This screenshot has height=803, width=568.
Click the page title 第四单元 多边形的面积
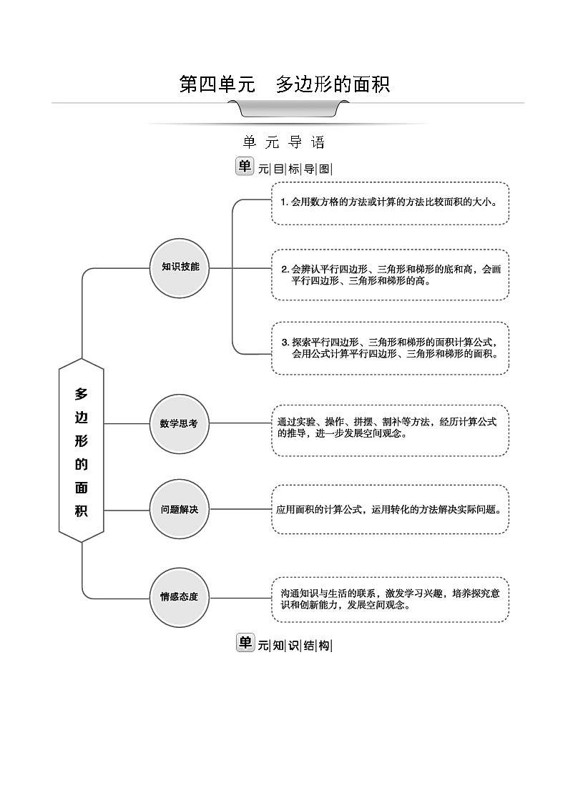click(284, 84)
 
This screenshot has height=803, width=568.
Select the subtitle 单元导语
click(284, 142)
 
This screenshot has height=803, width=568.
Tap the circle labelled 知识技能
click(180, 267)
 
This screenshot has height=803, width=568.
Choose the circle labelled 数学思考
click(180, 423)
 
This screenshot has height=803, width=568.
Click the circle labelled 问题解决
click(180, 509)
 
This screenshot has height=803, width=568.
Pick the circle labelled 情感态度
click(180, 596)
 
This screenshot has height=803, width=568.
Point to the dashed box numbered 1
click(390, 202)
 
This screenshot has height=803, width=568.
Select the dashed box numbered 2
click(390, 275)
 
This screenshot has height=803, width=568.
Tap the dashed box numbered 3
click(390, 348)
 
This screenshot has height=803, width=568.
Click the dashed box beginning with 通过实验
click(390, 430)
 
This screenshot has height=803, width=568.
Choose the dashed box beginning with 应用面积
click(390, 509)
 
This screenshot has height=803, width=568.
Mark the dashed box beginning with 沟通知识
click(390, 598)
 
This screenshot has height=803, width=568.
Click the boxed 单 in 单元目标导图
click(245, 166)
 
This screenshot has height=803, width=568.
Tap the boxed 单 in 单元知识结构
click(245, 643)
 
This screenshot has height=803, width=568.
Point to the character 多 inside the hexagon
click(81, 394)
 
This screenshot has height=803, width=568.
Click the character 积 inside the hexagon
click(81, 512)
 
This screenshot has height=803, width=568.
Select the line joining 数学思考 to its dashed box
click(240, 423)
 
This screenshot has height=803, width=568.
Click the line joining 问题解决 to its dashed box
click(240, 509)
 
